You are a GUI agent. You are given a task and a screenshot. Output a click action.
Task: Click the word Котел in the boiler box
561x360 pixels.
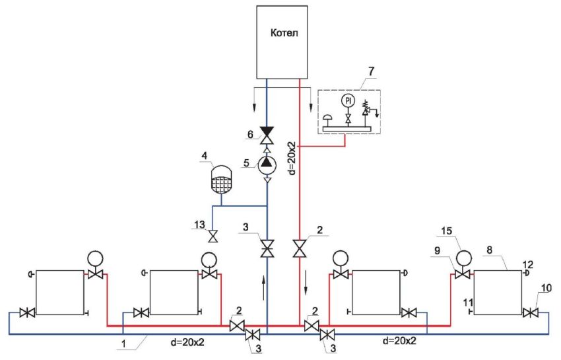point(284,32)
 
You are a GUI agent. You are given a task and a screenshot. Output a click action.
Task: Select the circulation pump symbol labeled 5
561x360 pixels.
point(267,162)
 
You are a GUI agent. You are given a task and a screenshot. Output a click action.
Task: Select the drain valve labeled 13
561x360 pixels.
point(213,236)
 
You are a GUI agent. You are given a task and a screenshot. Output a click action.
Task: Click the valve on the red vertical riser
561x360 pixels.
point(300,248)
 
